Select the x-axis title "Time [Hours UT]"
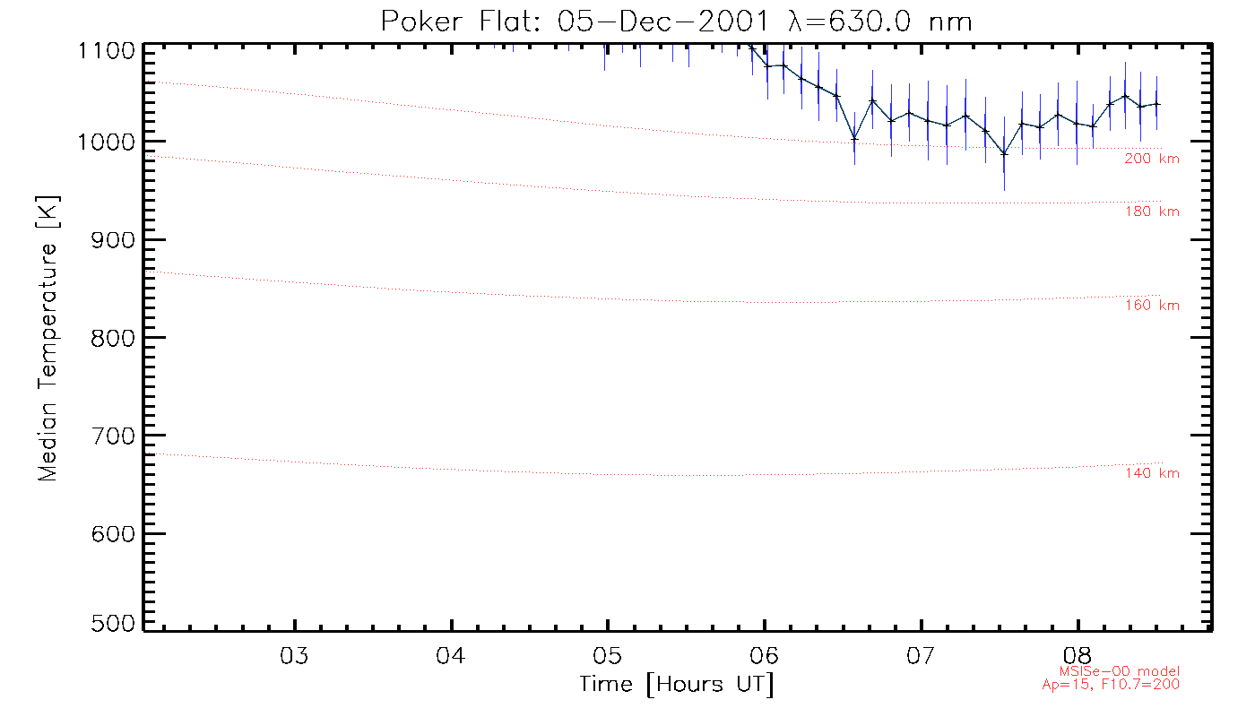point(677,685)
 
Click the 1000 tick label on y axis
point(108,142)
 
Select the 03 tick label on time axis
point(295,655)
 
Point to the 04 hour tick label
point(451,655)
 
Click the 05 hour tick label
point(608,655)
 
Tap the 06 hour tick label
point(765,655)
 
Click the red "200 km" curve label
point(1152,160)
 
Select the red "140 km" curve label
point(1152,474)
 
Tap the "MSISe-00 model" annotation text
point(1133,671)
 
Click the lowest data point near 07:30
point(1005,153)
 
